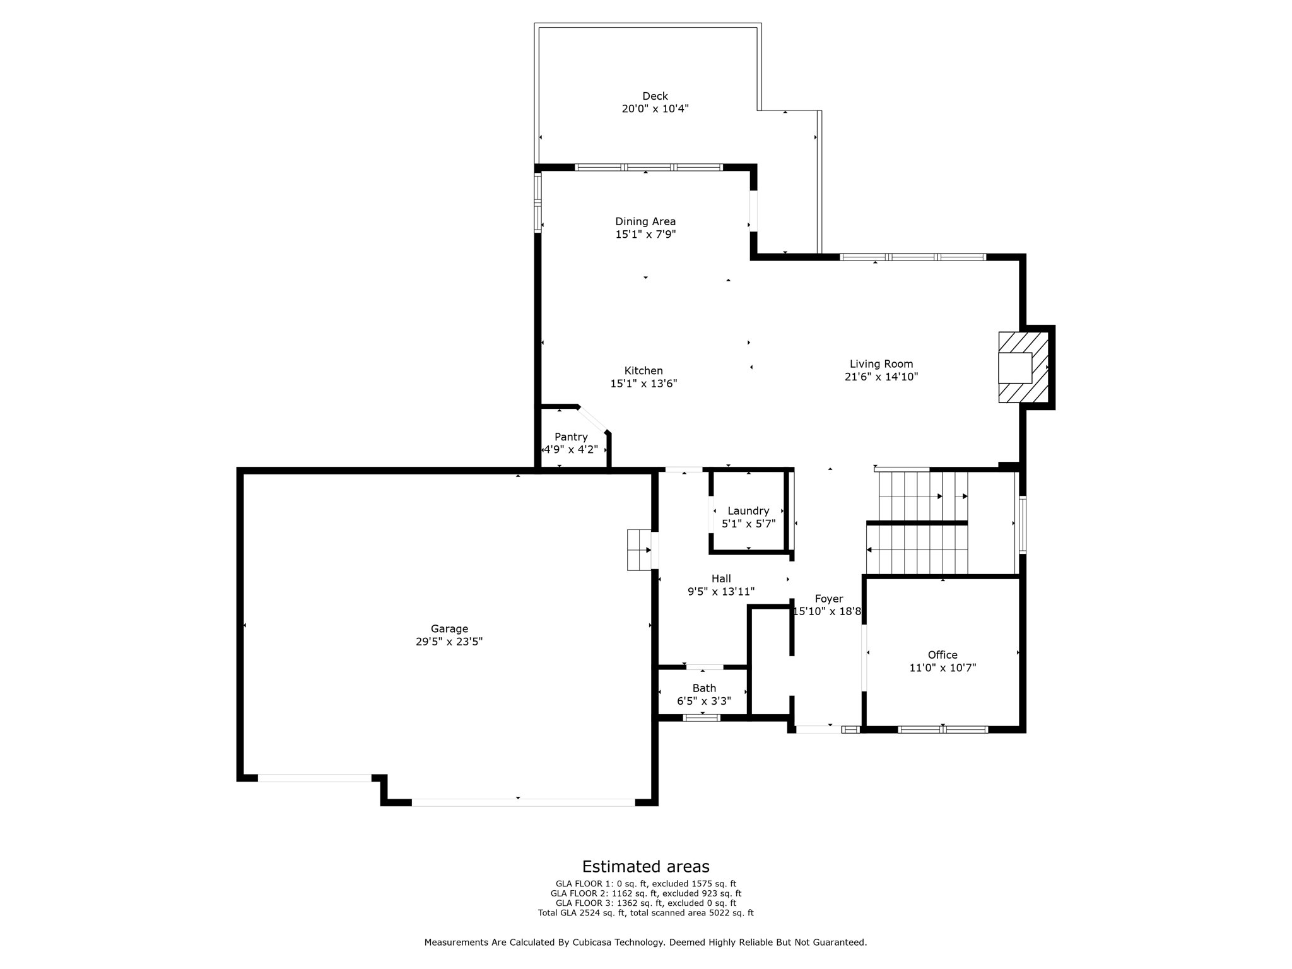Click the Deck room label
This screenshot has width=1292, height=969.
655,96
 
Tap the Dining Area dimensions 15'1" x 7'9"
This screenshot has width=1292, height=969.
645,235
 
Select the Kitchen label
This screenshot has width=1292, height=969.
643,370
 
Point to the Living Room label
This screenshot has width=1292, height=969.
881,363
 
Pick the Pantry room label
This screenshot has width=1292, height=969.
571,437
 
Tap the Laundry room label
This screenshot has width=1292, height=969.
748,510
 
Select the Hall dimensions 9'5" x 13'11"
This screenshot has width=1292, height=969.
721,592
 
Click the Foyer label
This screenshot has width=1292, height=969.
828,599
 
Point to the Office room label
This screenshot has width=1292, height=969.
943,655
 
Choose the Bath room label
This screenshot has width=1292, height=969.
704,688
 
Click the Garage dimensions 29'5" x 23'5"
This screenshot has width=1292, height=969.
449,642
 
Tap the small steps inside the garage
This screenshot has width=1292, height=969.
639,550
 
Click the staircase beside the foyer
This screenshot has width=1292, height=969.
918,523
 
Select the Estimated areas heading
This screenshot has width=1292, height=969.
645,866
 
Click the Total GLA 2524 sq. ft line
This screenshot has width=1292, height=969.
645,913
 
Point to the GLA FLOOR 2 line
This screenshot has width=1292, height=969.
645,893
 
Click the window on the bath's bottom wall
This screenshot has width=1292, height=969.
702,717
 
